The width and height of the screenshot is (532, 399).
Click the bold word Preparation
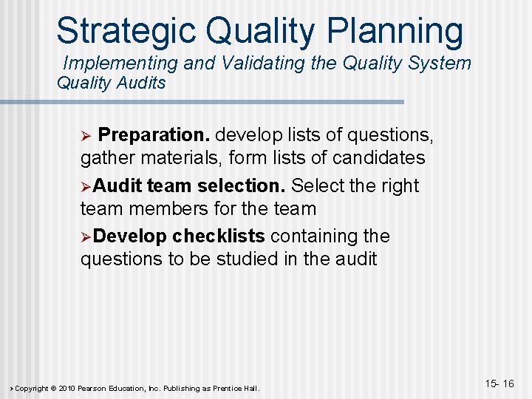(x=154, y=135)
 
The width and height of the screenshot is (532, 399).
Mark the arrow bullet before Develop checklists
(x=86, y=236)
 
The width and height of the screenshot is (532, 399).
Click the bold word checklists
(x=219, y=236)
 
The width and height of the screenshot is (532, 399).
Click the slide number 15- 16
(x=499, y=383)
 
